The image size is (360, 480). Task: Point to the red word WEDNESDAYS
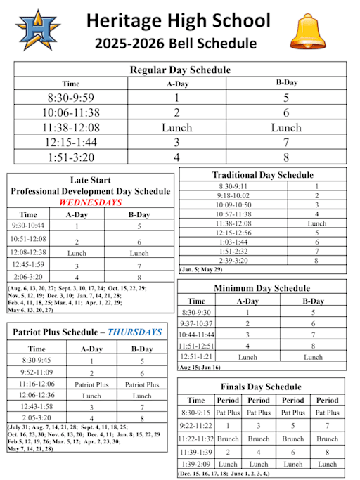pos(90,202)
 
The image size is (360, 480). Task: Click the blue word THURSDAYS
pos(133,332)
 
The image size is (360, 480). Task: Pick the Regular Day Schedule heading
pos(180,70)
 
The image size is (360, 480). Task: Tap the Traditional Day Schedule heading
pos(262,174)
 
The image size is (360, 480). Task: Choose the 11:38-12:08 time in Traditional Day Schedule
pos(233,223)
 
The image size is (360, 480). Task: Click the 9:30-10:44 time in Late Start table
pos(29,226)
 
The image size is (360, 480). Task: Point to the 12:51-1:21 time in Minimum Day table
pos(196,356)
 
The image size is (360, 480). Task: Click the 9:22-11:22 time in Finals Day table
pos(196,426)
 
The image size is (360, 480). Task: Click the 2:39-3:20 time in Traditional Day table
pos(233,260)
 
